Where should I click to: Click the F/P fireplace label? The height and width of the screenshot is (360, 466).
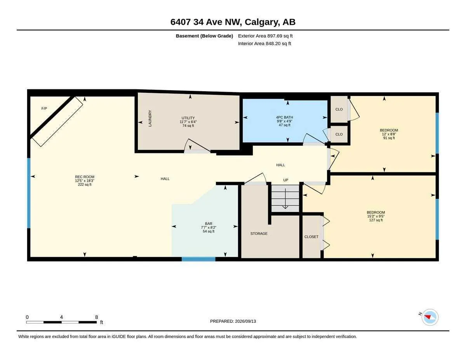coord(44,108)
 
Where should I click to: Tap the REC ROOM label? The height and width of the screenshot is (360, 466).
coord(85,177)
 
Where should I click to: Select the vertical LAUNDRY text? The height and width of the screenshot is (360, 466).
coord(150,118)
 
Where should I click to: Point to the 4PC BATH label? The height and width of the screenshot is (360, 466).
coord(284,117)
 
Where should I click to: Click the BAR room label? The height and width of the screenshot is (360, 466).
coord(209,224)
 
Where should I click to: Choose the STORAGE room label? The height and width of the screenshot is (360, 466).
coord(259,233)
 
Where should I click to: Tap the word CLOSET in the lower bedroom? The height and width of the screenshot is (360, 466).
coord(311,237)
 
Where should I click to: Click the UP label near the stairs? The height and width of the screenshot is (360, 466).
coord(286,180)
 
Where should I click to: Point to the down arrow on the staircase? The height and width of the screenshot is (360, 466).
coord(285,198)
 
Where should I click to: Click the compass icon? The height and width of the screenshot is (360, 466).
coord(430,317)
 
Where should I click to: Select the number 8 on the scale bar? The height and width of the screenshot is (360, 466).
coord(97,317)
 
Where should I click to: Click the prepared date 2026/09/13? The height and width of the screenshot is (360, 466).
coord(245,321)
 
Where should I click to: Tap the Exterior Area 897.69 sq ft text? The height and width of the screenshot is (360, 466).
coord(265,36)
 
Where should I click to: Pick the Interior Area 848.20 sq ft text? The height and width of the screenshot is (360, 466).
coord(264,43)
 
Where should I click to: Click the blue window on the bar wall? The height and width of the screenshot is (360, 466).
coord(198,259)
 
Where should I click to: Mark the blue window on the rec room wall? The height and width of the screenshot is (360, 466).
coord(29,193)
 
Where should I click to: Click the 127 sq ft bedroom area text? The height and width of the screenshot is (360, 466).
coord(376,220)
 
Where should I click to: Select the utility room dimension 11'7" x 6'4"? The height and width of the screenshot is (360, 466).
coord(188,122)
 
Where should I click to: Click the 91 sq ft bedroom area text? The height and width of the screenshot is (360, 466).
coord(389,138)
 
